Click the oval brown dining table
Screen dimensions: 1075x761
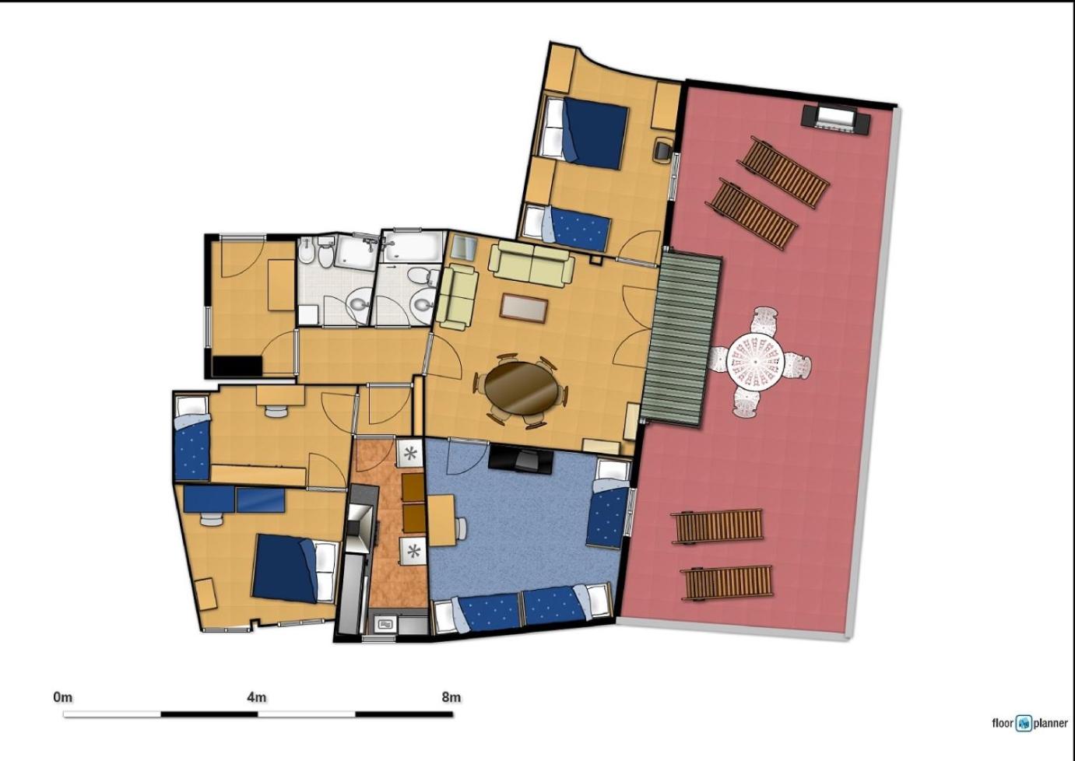522,388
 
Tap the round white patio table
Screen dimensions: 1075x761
755,362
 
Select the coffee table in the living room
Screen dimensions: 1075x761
524,307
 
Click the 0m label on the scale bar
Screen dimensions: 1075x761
63,697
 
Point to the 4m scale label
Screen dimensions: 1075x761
257,697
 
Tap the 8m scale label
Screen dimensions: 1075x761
451,697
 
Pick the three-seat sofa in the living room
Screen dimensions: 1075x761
531,262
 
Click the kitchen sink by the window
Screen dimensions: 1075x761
386,625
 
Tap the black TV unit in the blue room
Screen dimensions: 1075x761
521,460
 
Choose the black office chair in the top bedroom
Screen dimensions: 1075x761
664,150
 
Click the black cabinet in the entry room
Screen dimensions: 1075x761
237,366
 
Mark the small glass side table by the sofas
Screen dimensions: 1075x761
465,248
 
